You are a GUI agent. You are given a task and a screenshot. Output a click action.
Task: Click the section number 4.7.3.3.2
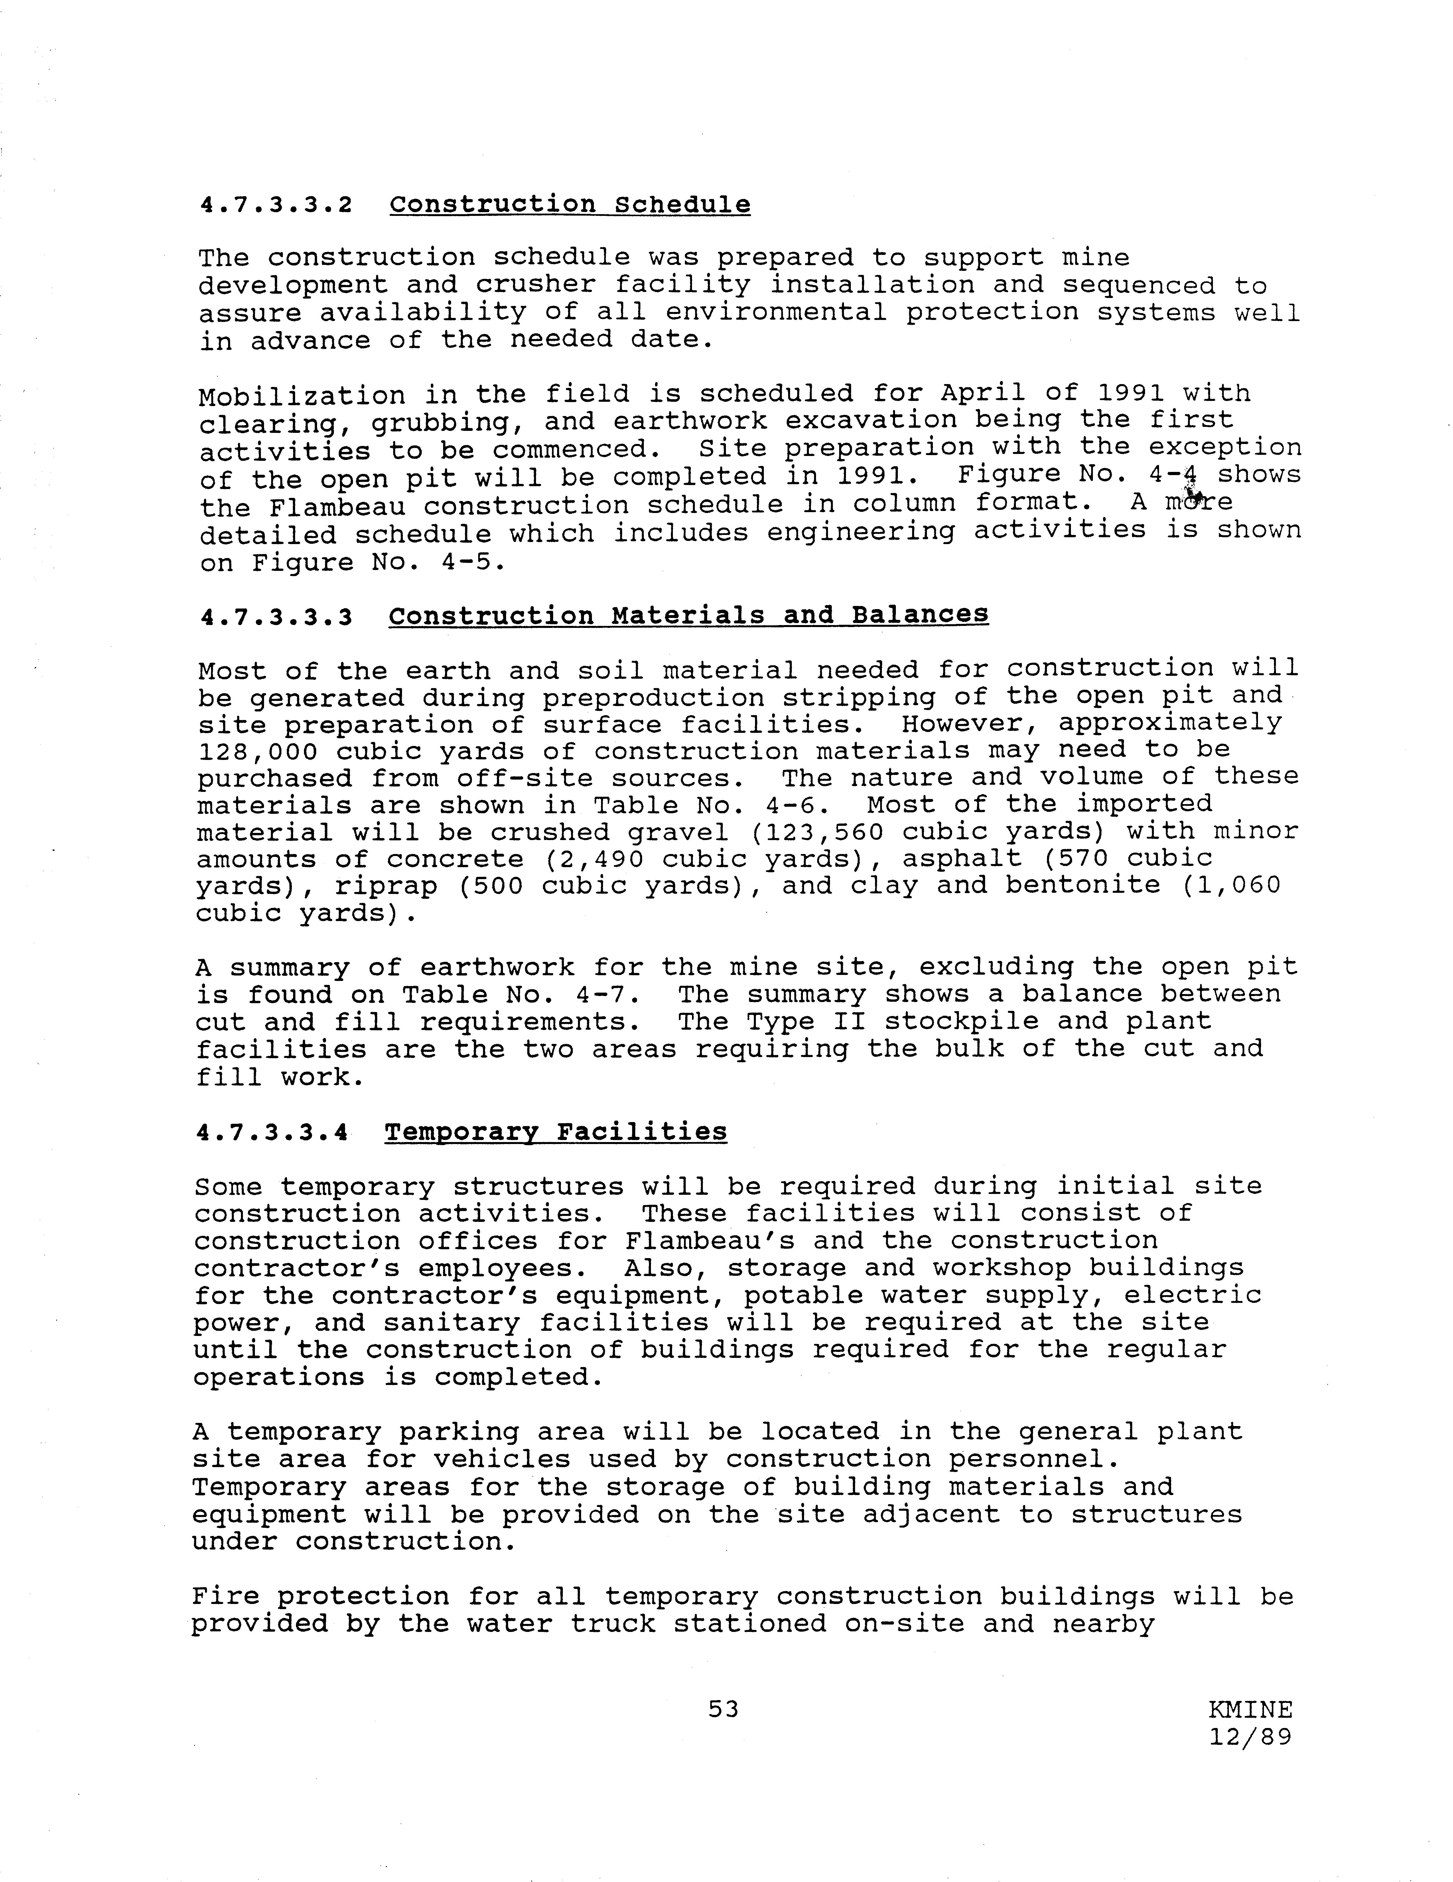[x=276, y=206]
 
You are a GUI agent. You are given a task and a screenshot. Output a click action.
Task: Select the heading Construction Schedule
[x=570, y=205]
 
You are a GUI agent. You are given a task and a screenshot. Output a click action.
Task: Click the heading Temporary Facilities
[x=556, y=1131]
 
